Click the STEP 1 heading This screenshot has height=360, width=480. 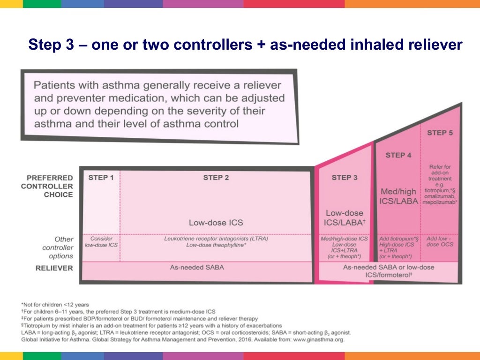(x=101, y=178)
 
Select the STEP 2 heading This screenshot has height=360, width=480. (x=216, y=178)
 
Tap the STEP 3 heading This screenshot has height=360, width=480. (x=345, y=178)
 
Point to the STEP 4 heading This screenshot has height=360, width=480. (x=398, y=155)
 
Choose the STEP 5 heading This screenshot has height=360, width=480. (x=440, y=133)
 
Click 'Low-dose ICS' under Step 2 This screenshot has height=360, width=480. (x=216, y=223)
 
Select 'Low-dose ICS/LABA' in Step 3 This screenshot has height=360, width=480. (x=345, y=218)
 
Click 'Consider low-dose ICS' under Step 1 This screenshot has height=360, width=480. (x=101, y=241)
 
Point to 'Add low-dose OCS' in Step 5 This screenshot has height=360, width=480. (x=440, y=241)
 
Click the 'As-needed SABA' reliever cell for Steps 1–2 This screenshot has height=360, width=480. (x=197, y=268)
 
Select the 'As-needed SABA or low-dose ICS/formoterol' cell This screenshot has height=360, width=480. (x=388, y=271)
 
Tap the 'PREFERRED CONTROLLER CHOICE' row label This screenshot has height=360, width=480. (x=50, y=186)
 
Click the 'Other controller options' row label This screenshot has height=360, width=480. (x=58, y=247)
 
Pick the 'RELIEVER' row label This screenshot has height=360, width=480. (x=54, y=268)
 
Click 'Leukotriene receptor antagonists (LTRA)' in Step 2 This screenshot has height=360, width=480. (x=216, y=239)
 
